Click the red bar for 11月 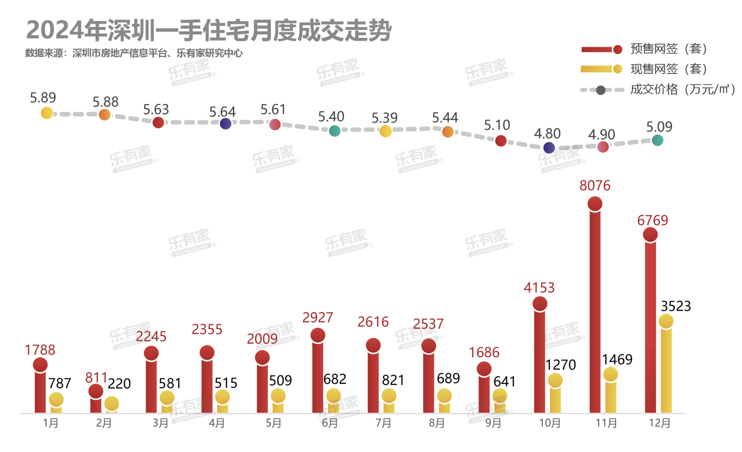(595, 310)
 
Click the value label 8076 (595, 186)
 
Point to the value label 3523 (675, 306)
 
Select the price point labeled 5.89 (47, 113)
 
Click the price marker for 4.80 (549, 148)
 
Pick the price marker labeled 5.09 (657, 140)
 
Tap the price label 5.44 (445, 118)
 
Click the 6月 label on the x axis (330, 423)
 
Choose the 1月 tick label (51, 423)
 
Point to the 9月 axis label (493, 423)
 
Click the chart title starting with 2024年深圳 (208, 31)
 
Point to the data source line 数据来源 (134, 53)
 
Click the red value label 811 (96, 378)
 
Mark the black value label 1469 (617, 360)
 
